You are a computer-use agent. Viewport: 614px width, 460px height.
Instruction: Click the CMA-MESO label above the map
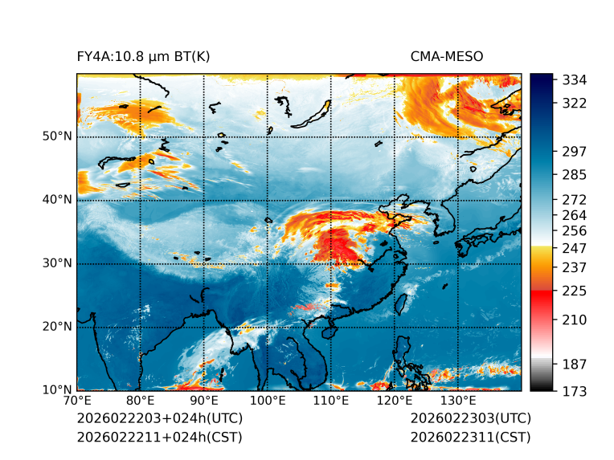pos(447,56)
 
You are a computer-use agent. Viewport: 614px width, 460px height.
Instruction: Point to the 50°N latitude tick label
pos(57,136)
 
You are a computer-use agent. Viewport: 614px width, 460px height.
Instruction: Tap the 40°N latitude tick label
pos(57,200)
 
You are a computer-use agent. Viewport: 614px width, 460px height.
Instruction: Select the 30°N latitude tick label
pos(57,263)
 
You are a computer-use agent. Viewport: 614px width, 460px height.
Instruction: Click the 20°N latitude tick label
pos(57,327)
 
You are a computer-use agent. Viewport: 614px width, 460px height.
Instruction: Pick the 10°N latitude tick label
pos(57,390)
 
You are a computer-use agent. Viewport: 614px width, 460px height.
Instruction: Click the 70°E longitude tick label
pos(77,401)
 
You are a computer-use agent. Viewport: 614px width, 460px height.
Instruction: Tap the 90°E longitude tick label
pos(204,401)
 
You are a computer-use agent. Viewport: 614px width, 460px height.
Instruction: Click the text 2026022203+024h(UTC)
pos(160,419)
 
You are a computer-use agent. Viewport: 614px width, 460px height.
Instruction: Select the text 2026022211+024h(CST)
pos(159,438)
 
